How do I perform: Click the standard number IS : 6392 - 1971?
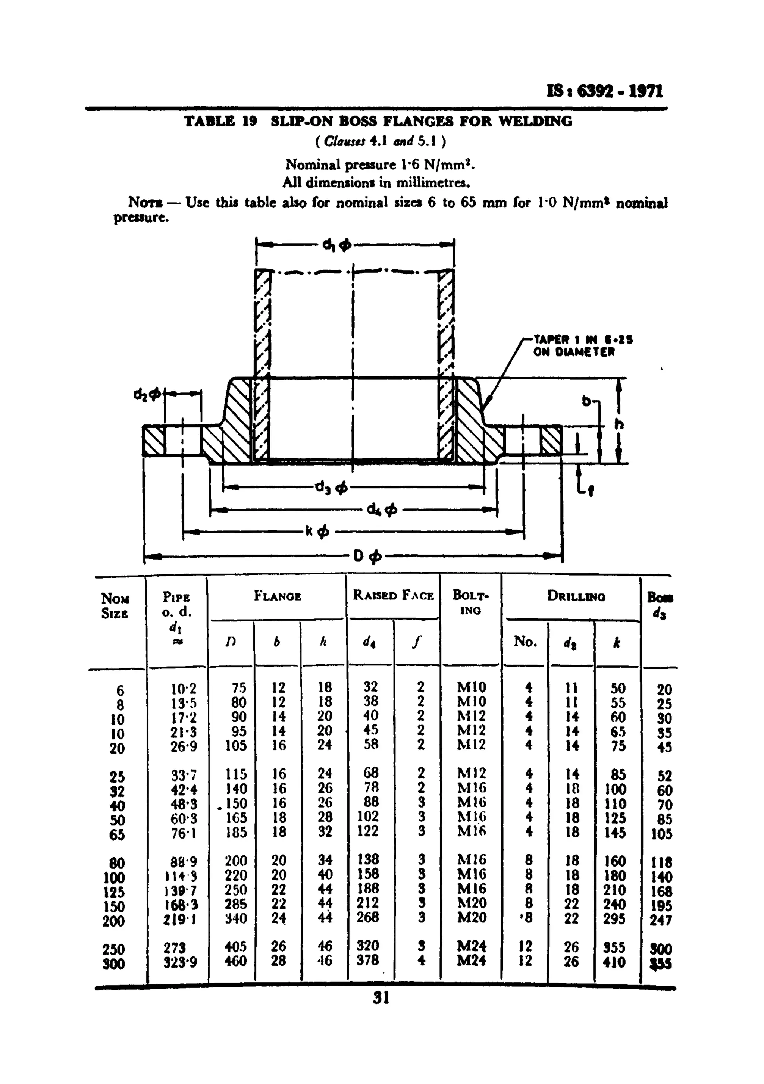click(x=604, y=91)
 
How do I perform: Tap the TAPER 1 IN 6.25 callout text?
click(x=583, y=339)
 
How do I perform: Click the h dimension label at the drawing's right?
click(x=619, y=424)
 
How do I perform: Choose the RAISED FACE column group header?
click(x=393, y=596)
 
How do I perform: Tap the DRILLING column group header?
click(x=576, y=596)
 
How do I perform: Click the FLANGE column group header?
click(x=277, y=596)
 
